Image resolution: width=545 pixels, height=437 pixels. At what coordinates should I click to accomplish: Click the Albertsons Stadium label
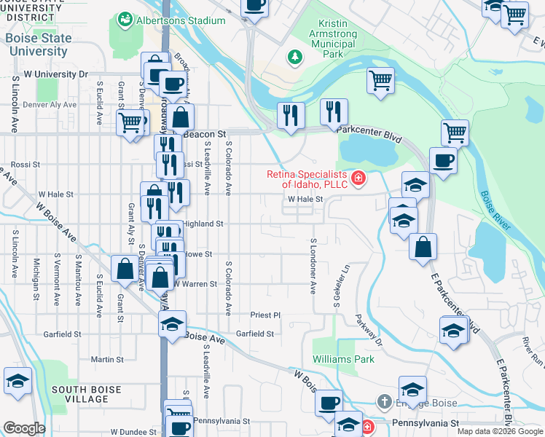181,21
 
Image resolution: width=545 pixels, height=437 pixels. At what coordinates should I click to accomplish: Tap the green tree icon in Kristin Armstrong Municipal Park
295,56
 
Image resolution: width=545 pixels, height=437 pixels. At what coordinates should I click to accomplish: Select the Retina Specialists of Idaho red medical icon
358,178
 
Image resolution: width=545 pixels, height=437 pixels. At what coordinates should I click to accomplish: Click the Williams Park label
343,359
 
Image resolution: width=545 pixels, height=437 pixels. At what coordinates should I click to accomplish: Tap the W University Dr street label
55,74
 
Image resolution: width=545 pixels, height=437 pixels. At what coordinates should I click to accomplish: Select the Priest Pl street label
265,315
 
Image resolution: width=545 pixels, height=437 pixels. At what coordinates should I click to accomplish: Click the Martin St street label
106,360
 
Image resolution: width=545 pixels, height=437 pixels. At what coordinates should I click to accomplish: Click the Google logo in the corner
24,428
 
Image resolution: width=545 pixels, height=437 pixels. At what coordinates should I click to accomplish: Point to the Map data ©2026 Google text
500,431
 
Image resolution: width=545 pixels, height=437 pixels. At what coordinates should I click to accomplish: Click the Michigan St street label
35,279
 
